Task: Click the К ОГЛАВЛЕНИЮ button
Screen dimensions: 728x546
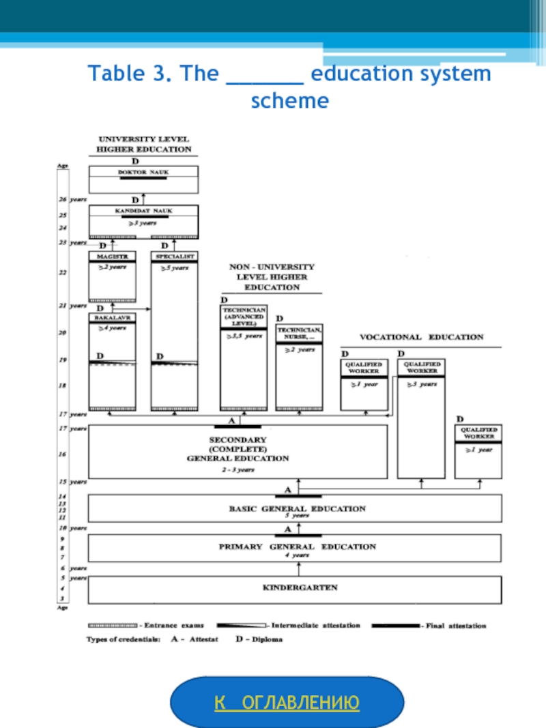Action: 287,703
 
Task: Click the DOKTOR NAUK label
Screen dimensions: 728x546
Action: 143,173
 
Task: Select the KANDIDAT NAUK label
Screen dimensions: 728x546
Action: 143,212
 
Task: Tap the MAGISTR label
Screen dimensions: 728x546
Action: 112,257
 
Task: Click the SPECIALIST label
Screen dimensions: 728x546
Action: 175,257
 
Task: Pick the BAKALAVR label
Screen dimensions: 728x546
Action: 112,319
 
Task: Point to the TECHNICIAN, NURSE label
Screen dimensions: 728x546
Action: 300,334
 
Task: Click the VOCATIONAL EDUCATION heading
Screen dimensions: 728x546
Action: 421,337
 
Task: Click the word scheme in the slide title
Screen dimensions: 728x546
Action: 289,101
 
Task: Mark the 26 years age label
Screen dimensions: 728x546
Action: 72,200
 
